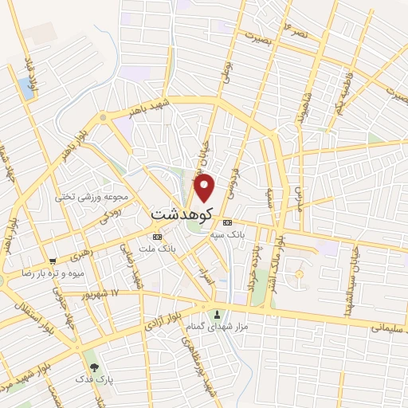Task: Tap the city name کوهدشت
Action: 185,215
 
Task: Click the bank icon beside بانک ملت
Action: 157,237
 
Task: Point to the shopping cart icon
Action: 53,261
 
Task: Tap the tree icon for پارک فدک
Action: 95,368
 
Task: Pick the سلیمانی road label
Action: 388,325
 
